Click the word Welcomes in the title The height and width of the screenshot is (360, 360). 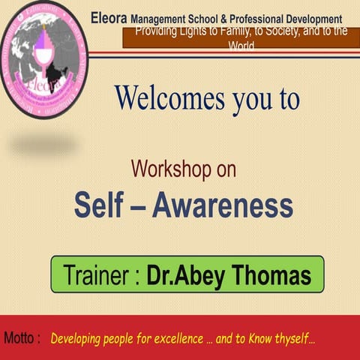coord(162,98)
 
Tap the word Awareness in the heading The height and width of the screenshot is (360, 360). coord(223,205)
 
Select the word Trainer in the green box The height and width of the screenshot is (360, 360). coord(97,276)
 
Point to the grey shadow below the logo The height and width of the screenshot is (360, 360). coord(42,142)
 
